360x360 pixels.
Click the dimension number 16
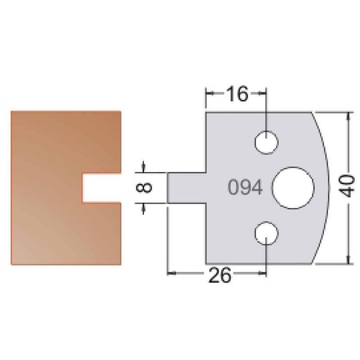[x=238, y=94]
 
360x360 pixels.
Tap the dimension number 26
[x=219, y=275]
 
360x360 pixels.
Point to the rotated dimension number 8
[x=144, y=187]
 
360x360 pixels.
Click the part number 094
[x=245, y=187]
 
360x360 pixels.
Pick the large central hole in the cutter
[x=293, y=188]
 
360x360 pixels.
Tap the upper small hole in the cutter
[x=266, y=142]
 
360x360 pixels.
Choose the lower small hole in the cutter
[x=266, y=233]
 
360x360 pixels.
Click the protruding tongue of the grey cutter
[x=186, y=188]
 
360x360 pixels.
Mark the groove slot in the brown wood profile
[x=102, y=188]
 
